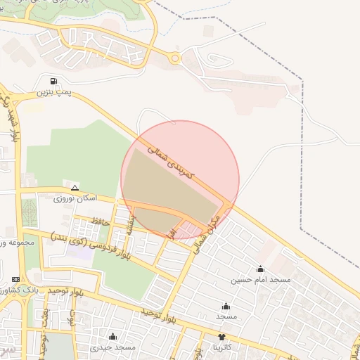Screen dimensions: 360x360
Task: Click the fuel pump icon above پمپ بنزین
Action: click(x=56, y=80)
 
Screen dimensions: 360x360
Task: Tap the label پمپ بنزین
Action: click(x=54, y=92)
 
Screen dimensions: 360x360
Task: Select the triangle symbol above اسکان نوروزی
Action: click(x=75, y=188)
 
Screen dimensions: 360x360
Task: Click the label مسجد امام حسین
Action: click(x=261, y=280)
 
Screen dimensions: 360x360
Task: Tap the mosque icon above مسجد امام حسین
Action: click(x=261, y=269)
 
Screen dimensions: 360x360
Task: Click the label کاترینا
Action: click(x=226, y=348)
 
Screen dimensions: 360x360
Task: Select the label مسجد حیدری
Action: click(x=112, y=348)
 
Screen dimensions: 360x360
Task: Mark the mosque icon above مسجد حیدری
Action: click(x=112, y=337)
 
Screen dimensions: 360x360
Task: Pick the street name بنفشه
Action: click(x=132, y=224)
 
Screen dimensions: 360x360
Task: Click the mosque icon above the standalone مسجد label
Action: click(x=226, y=306)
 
